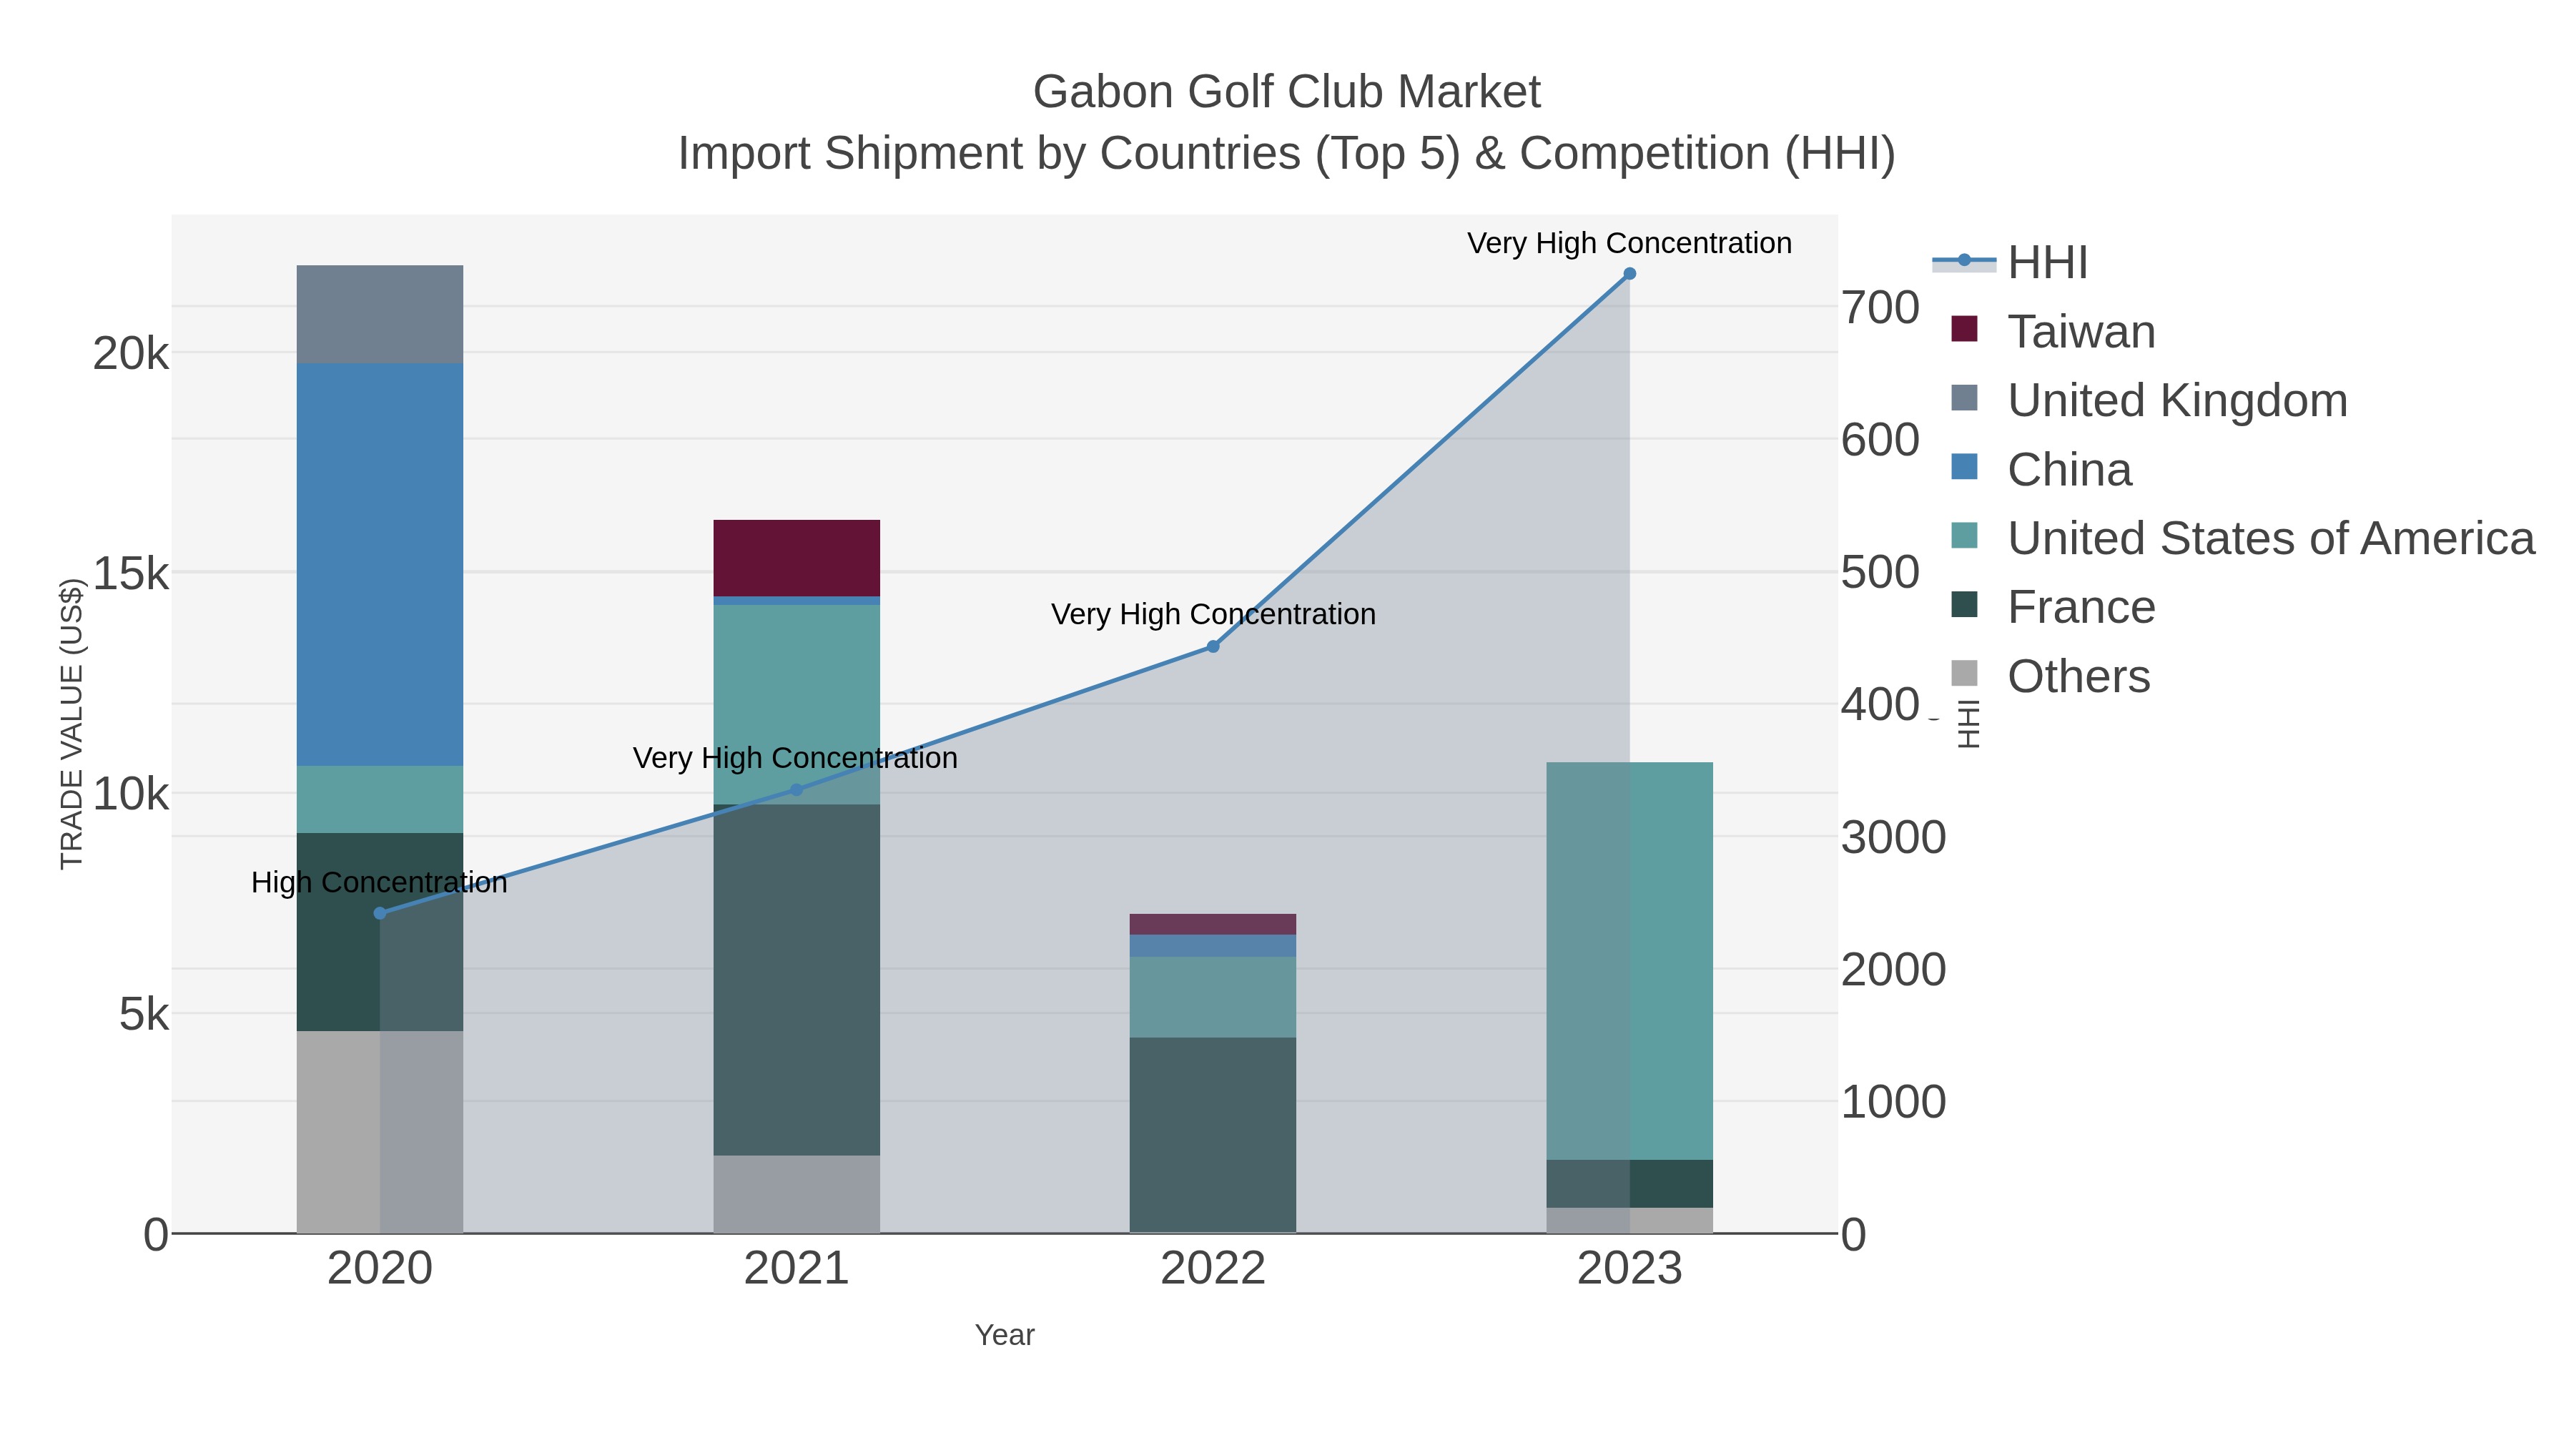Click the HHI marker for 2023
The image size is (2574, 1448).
pyautogui.click(x=1629, y=274)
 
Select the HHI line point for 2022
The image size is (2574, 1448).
pyautogui.click(x=1213, y=646)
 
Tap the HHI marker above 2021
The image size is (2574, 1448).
pyautogui.click(x=797, y=789)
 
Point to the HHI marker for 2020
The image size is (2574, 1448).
pyautogui.click(x=380, y=913)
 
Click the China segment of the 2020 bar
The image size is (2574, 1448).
pyautogui.click(x=380, y=565)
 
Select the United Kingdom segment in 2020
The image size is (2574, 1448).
pyautogui.click(x=380, y=314)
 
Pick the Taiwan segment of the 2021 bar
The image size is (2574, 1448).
pyautogui.click(x=797, y=558)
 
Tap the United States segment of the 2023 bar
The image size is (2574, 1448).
pyautogui.click(x=1629, y=960)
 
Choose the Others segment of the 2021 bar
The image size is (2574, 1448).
pyautogui.click(x=797, y=1193)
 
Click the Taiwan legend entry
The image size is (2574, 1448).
pyautogui.click(x=2081, y=332)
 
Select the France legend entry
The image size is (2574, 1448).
pyautogui.click(x=2081, y=608)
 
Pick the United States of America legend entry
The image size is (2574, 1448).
pyautogui.click(x=2270, y=538)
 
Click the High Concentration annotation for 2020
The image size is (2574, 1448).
pyautogui.click(x=380, y=882)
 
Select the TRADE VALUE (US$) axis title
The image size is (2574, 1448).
pyautogui.click(x=72, y=724)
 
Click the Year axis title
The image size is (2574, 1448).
pyautogui.click(x=1005, y=1335)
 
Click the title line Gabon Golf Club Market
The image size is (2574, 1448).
pyautogui.click(x=1286, y=92)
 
